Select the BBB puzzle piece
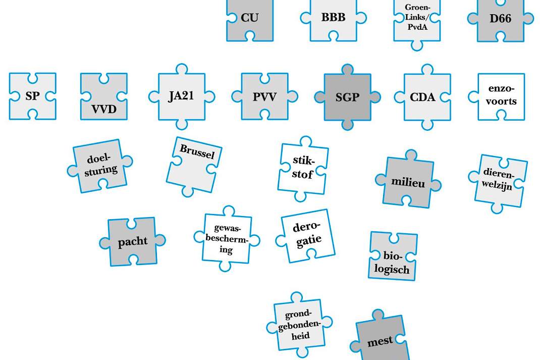click(334, 19)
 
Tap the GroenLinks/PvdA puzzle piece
click(417, 21)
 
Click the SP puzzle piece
click(32, 96)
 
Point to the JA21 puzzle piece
click(182, 96)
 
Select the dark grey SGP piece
click(348, 97)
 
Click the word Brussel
click(197, 151)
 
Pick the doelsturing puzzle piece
click(100, 166)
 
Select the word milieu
click(408, 182)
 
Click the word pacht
click(133, 241)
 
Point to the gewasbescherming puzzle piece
click(227, 238)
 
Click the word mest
click(380, 341)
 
